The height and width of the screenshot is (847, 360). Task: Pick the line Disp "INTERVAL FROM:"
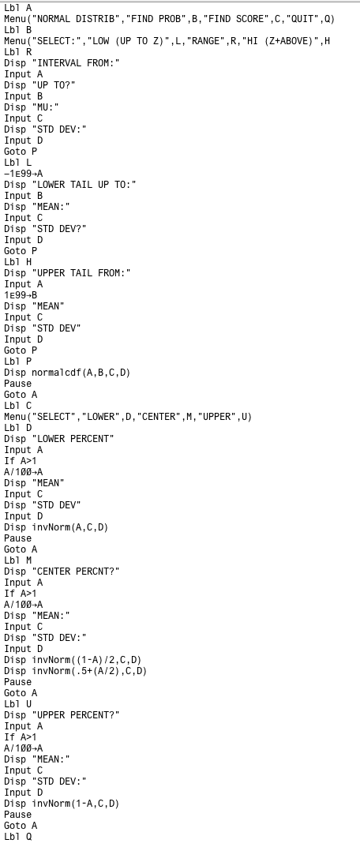pyautogui.click(x=62, y=63)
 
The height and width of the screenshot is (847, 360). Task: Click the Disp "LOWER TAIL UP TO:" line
pyautogui.click(x=70, y=185)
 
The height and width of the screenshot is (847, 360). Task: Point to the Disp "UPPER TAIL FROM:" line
pyautogui.click(x=68, y=273)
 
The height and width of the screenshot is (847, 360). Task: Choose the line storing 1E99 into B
pyautogui.click(x=21, y=295)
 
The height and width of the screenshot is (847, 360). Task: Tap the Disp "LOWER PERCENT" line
pyautogui.click(x=59, y=439)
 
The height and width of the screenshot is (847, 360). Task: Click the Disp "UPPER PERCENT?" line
pyautogui.click(x=62, y=715)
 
